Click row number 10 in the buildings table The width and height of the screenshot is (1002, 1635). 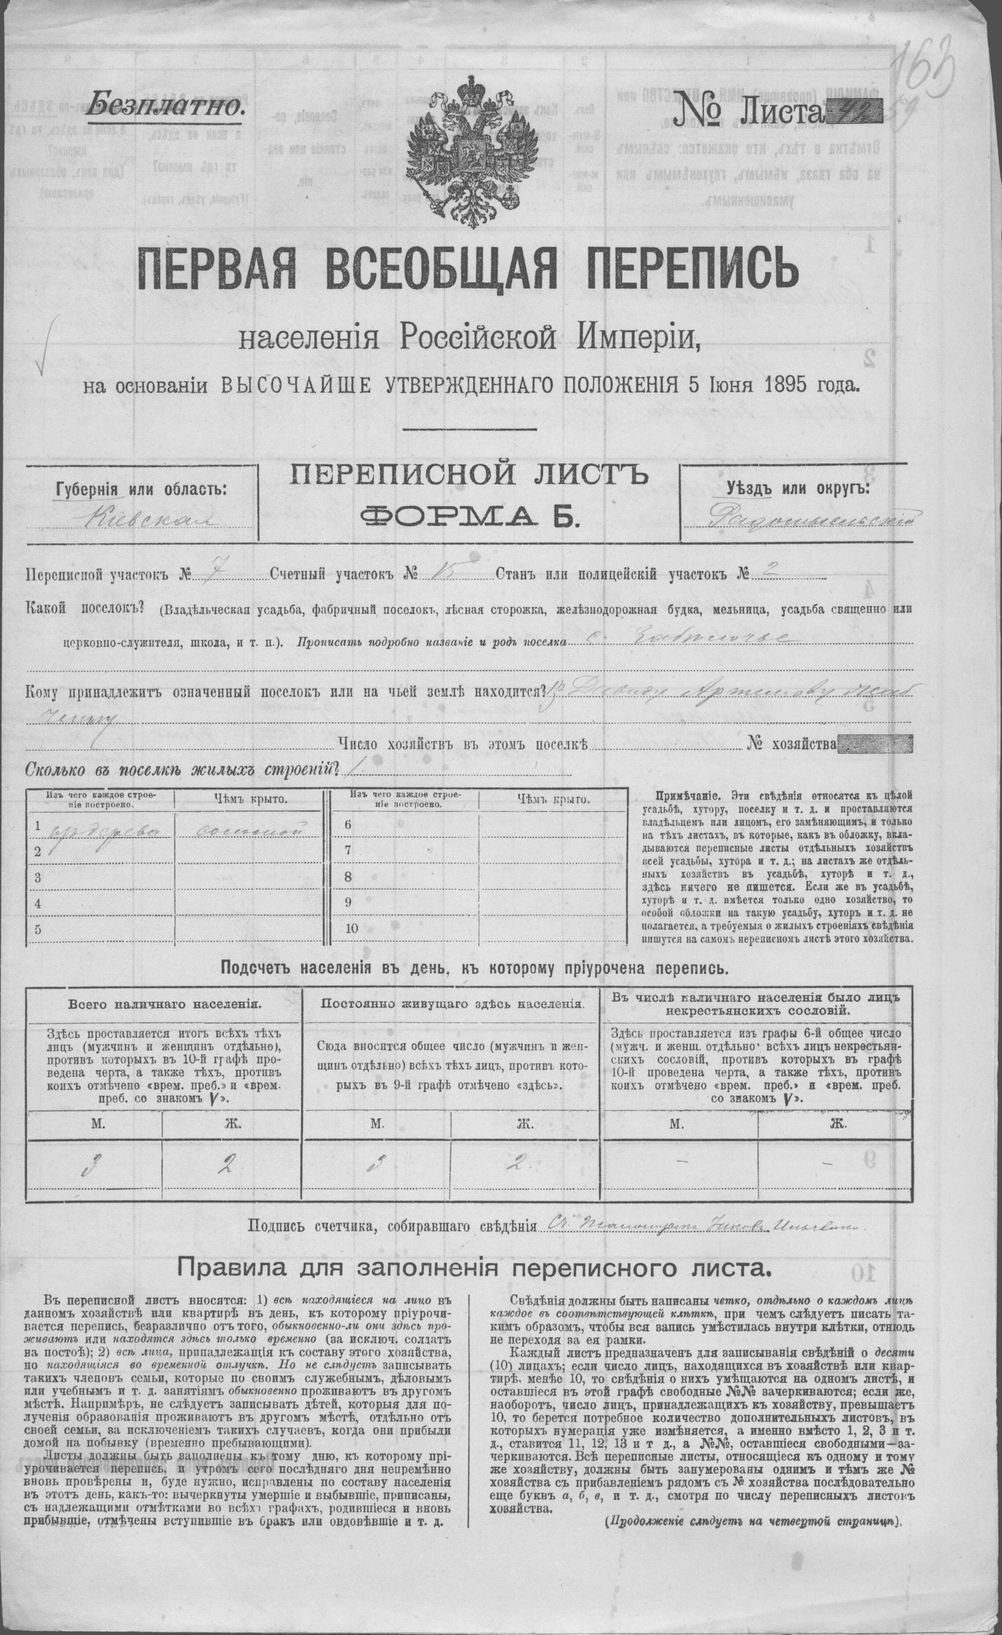tap(351, 928)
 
